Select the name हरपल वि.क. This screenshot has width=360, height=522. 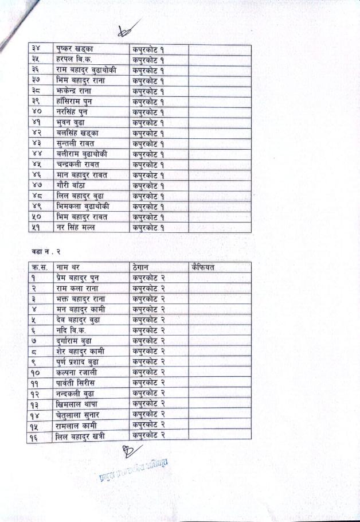click(75, 60)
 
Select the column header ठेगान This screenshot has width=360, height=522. click(142, 267)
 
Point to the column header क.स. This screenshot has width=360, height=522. click(40, 267)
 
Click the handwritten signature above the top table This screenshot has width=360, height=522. click(127, 30)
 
